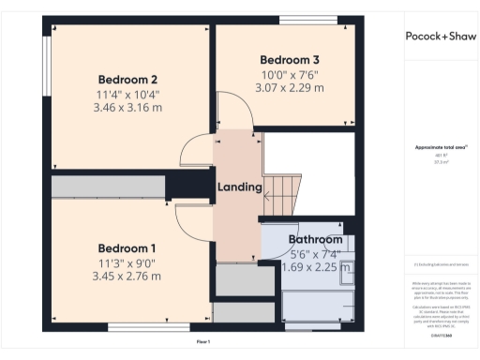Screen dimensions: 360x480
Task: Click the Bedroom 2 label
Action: click(x=127, y=79)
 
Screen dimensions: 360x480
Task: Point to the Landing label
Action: click(x=239, y=187)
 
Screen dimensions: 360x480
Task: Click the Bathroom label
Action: click(x=314, y=239)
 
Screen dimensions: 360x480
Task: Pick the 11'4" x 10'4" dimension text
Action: click(x=127, y=94)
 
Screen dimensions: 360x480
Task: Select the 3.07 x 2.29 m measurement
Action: click(x=290, y=87)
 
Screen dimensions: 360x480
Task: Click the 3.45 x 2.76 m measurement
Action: click(x=127, y=277)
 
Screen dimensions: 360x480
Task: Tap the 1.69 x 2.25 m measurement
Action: click(x=316, y=266)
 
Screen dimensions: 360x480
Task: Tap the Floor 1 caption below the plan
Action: click(x=203, y=342)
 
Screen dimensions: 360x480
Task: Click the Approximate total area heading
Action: click(x=441, y=148)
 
